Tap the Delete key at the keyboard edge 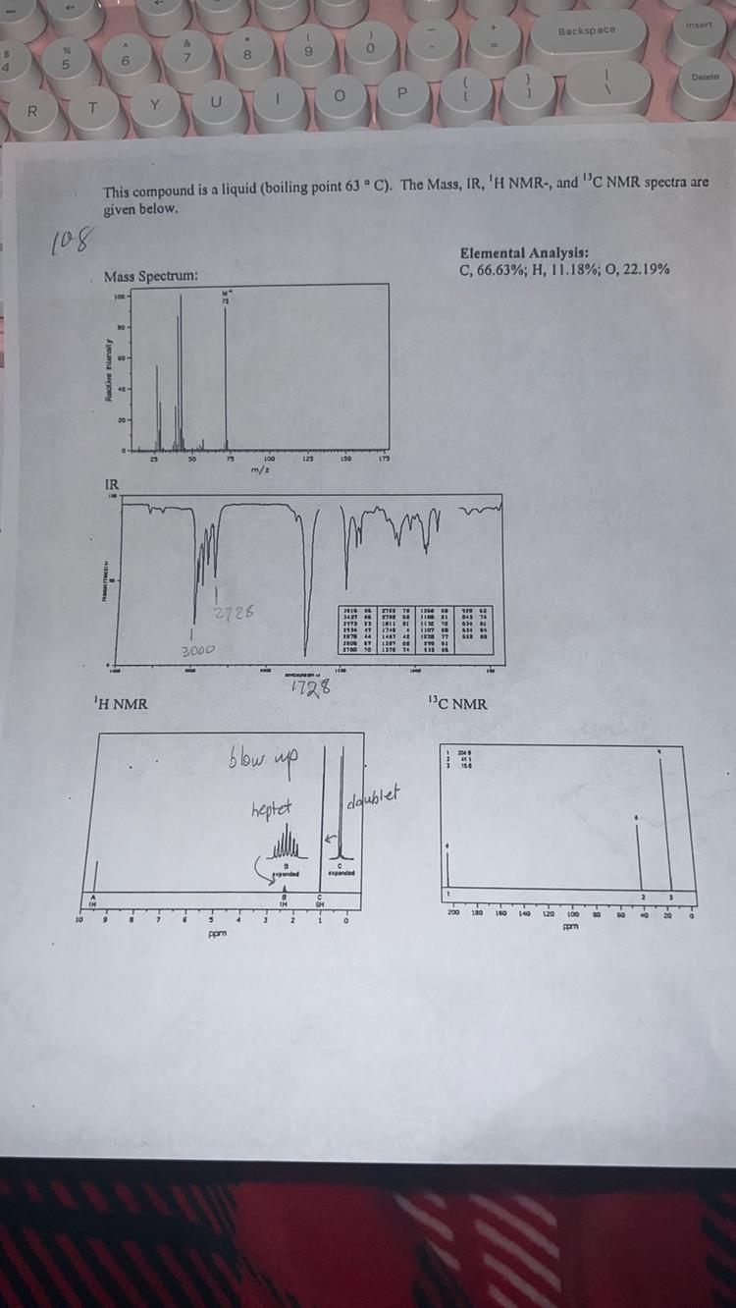click(706, 77)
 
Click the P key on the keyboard click(400, 93)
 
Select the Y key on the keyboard click(154, 105)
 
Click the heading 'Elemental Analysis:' click(523, 252)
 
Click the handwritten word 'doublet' click(375, 794)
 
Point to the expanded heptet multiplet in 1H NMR click(286, 845)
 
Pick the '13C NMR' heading click(456, 703)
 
